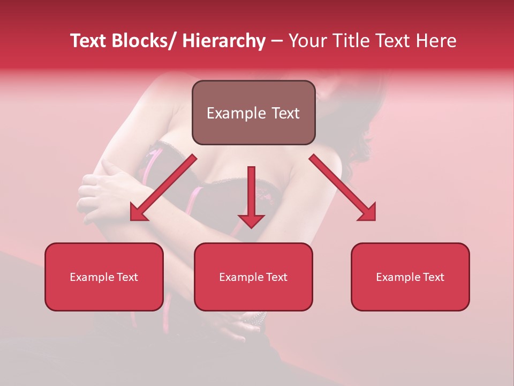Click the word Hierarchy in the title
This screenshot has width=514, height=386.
point(224,41)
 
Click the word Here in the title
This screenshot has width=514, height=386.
point(436,41)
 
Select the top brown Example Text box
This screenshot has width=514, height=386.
point(253,113)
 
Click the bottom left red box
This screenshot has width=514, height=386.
point(104,277)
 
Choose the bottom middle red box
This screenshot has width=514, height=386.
point(253,277)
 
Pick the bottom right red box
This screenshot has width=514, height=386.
point(410,277)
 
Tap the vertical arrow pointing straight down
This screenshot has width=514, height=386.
point(251,196)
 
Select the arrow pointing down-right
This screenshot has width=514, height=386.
point(343,188)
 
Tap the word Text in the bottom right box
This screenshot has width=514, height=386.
point(433,277)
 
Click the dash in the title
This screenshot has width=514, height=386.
point(277,41)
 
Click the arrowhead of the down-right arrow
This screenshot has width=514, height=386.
point(368,213)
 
